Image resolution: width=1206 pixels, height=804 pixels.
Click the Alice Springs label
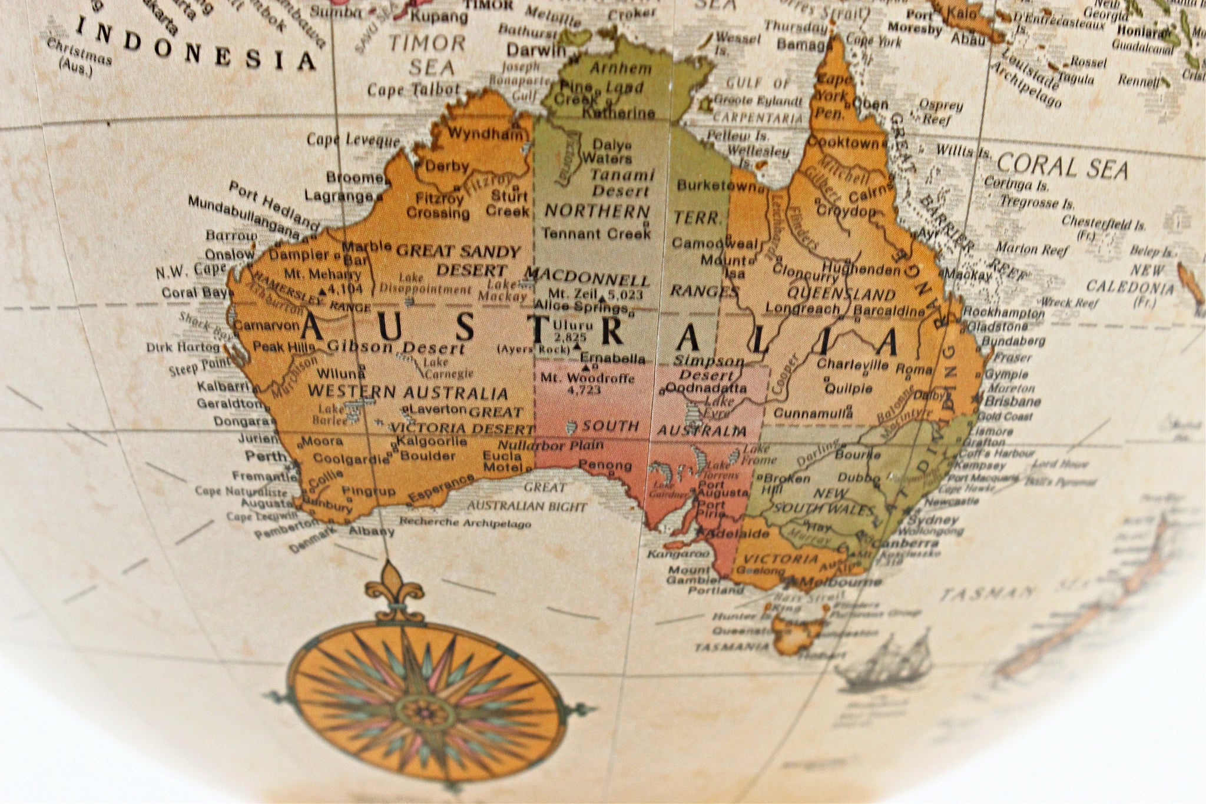coord(581,307)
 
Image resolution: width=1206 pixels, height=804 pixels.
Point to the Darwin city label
coord(536,49)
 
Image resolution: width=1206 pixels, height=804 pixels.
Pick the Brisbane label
coord(1012,401)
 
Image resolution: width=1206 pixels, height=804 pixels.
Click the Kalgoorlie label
coord(432,441)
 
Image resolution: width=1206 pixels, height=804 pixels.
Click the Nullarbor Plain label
coord(551,445)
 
